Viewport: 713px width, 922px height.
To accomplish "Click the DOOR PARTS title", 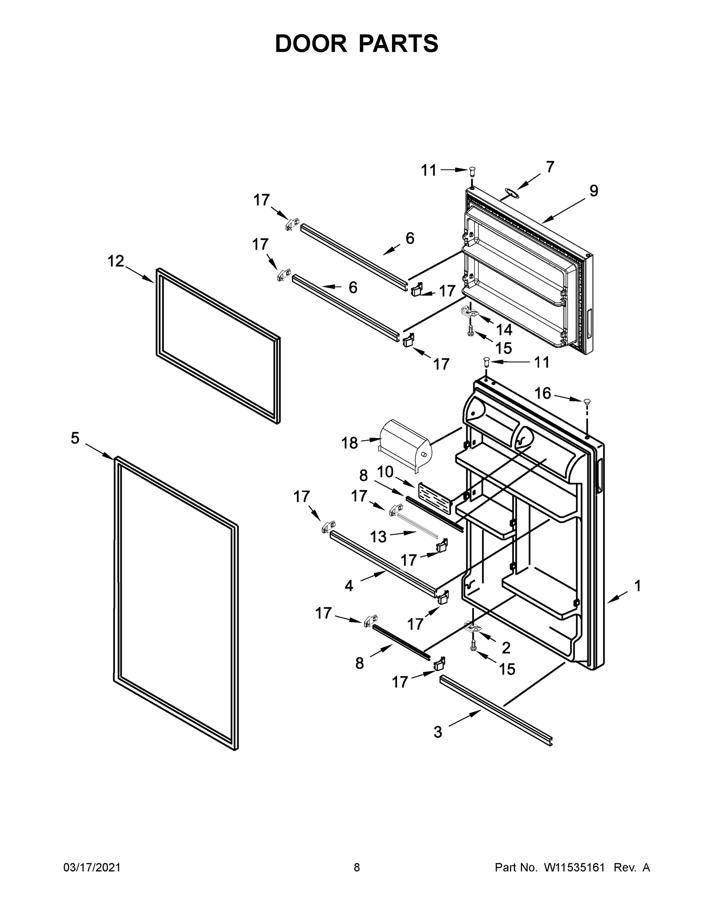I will pyautogui.click(x=357, y=43).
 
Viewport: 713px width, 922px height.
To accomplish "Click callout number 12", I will pyautogui.click(x=115, y=261).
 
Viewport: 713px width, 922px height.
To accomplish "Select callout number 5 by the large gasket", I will pyautogui.click(x=75, y=438).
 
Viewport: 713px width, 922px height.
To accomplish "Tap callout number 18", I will pyautogui.click(x=349, y=443).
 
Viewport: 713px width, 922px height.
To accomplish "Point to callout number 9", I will pyautogui.click(x=593, y=191).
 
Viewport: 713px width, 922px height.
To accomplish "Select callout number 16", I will pyautogui.click(x=543, y=393).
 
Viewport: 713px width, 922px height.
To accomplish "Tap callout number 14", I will pyautogui.click(x=504, y=329).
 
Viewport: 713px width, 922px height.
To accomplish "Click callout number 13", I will pyautogui.click(x=378, y=537).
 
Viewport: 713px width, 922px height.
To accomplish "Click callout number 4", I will pyautogui.click(x=349, y=585).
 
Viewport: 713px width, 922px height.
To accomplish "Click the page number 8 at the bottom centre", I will pyautogui.click(x=357, y=867).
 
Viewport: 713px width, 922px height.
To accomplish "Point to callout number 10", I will pyautogui.click(x=385, y=472).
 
